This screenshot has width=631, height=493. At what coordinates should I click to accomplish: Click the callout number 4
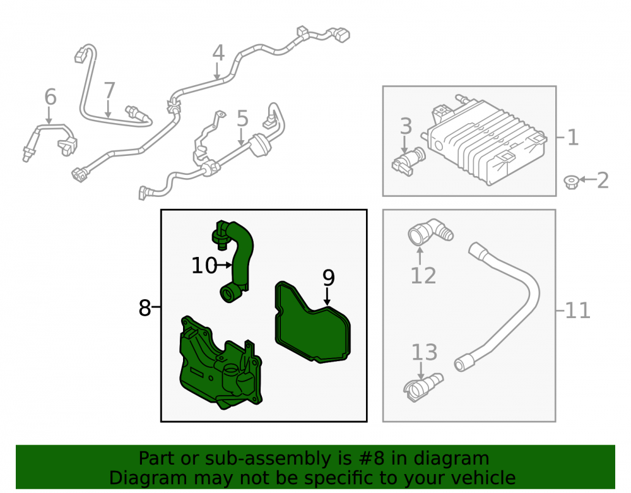(x=218, y=54)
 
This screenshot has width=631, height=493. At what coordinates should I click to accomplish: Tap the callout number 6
(x=50, y=97)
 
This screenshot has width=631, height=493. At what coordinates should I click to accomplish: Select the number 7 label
(x=109, y=91)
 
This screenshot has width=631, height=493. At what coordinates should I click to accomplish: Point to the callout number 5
(x=242, y=119)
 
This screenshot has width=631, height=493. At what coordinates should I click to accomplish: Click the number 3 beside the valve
(x=406, y=126)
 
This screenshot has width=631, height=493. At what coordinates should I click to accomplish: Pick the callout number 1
(x=573, y=138)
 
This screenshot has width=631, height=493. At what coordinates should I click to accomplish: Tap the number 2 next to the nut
(x=603, y=181)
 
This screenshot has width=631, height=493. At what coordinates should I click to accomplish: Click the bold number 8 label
(x=144, y=308)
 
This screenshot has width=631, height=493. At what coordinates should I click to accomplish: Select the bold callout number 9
(x=328, y=277)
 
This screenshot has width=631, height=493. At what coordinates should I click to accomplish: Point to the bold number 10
(x=204, y=266)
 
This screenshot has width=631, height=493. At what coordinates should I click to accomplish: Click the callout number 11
(x=578, y=311)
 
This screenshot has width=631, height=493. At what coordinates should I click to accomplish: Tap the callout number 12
(x=423, y=276)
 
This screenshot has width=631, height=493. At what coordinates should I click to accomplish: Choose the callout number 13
(x=424, y=352)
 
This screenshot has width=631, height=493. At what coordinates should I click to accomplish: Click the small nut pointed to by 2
(x=570, y=182)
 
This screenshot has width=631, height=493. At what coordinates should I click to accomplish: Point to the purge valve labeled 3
(x=408, y=162)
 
